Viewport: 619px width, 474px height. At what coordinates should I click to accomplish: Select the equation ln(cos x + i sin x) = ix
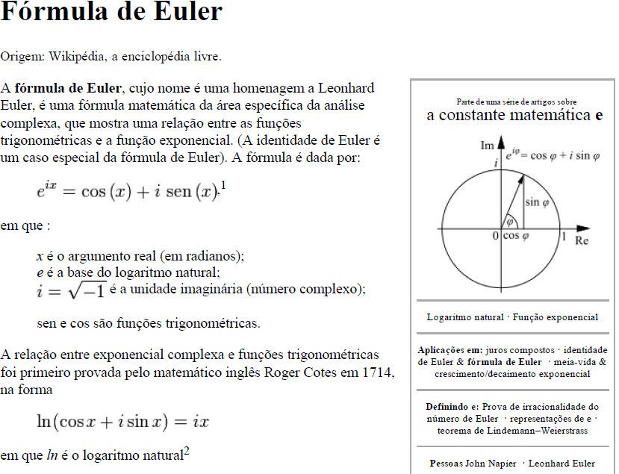[123, 422]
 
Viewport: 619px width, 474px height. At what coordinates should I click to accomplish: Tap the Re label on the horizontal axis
[582, 240]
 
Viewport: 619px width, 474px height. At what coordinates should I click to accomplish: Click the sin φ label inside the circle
[537, 202]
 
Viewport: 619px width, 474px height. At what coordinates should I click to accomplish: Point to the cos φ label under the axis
[515, 236]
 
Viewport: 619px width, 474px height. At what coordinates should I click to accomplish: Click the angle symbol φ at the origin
[510, 222]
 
